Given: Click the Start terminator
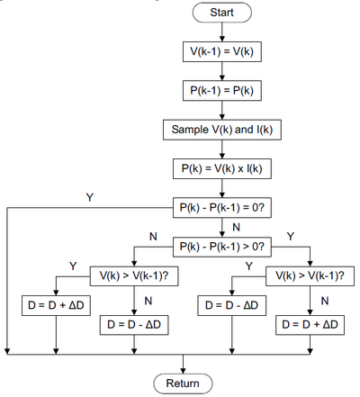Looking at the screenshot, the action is (x=222, y=13).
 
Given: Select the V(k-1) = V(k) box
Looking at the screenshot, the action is (x=222, y=51).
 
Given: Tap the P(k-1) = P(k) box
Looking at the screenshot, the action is (x=222, y=91).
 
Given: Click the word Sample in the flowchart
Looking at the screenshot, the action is (x=190, y=130).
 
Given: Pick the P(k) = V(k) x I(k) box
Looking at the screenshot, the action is (x=222, y=168).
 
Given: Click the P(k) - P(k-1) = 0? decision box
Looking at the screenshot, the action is (x=222, y=208).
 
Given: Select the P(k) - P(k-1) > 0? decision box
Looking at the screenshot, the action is (x=222, y=247).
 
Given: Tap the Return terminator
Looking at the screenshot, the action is (x=183, y=383).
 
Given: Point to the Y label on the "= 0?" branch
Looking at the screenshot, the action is (x=90, y=197).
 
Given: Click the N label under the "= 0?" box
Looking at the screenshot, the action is (x=236, y=228).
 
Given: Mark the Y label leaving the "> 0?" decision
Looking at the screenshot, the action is (x=291, y=237).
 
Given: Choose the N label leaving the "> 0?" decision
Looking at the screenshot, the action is (x=153, y=237).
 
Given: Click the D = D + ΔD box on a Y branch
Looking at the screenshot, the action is (x=56, y=305).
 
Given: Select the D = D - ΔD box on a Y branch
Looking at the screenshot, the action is (x=232, y=305).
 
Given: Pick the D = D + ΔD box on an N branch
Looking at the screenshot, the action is (x=310, y=325).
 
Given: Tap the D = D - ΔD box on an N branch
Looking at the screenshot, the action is (x=134, y=325).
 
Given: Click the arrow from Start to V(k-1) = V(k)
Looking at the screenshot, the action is (x=222, y=32).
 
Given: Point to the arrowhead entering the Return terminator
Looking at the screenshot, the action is (x=183, y=371).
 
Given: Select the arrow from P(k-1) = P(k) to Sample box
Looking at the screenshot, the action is (x=222, y=110).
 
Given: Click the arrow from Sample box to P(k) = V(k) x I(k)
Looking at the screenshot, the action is (x=222, y=149).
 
